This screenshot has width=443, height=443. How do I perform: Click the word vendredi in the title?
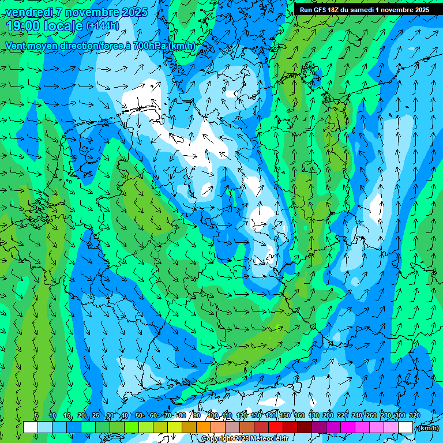[28, 12]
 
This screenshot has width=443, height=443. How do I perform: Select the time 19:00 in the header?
[27, 26]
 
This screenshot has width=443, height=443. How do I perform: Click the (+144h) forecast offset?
[102, 26]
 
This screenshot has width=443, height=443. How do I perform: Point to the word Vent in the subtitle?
[16, 46]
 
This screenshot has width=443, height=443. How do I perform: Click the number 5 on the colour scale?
[36, 415]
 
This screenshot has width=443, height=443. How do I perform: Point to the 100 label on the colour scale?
[213, 415]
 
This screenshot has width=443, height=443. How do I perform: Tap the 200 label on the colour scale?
[328, 415]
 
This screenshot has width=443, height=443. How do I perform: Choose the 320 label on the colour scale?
[414, 415]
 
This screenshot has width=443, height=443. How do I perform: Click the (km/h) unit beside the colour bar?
[427, 428]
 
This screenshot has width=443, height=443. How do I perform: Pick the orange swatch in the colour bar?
[204, 427]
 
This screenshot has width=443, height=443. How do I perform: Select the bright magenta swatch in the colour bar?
[348, 427]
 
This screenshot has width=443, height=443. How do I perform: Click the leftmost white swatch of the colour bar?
[31, 427]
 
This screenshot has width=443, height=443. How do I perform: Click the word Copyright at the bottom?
[221, 439]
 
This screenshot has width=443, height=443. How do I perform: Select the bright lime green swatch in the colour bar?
[132, 427]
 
